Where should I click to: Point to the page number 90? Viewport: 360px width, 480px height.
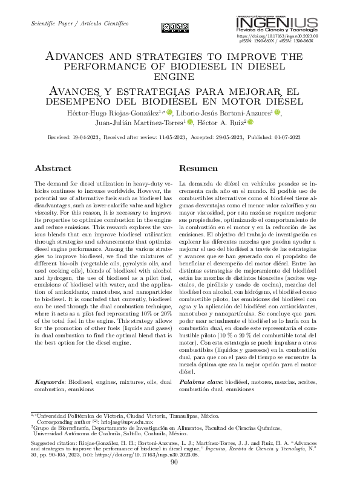174,462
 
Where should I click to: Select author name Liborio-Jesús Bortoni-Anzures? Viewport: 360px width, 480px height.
226,112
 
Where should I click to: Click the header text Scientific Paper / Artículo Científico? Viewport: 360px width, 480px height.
79,23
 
